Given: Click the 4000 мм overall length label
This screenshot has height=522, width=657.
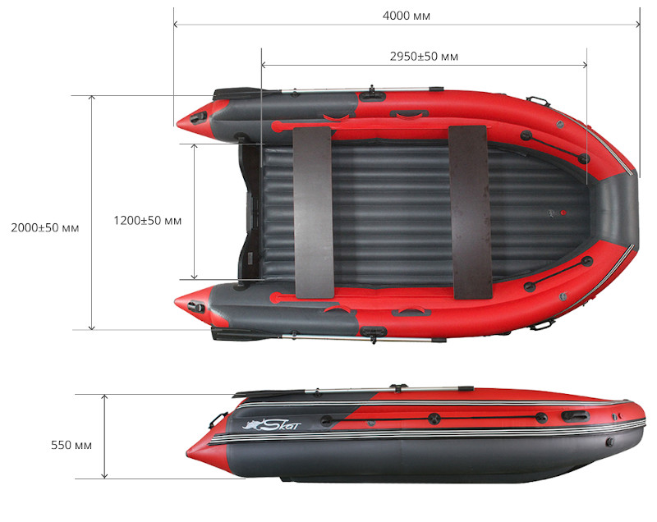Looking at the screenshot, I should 407,16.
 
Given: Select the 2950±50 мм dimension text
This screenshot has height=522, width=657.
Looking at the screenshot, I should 424,57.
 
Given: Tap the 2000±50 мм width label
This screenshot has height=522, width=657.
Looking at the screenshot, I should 40,227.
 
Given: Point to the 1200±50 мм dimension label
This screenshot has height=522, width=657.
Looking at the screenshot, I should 148,221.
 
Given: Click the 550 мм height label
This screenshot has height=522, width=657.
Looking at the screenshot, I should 71,445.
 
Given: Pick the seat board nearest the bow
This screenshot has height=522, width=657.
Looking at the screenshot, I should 470,210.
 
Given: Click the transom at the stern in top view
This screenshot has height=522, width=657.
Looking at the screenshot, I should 248,213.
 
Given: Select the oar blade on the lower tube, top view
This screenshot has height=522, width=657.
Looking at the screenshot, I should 233,333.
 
